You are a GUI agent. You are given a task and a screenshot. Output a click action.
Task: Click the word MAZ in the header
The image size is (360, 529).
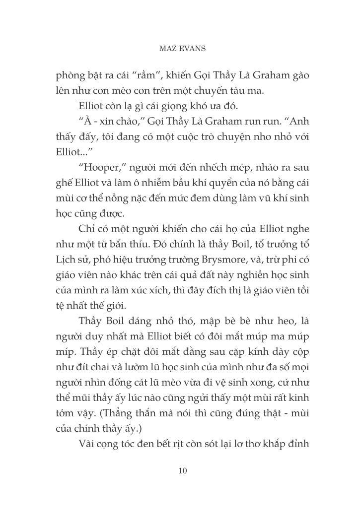click(x=167, y=49)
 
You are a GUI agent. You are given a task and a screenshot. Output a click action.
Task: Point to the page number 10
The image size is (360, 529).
click(x=182, y=471)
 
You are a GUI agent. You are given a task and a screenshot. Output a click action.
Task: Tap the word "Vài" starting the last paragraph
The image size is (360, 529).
click(x=89, y=443)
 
